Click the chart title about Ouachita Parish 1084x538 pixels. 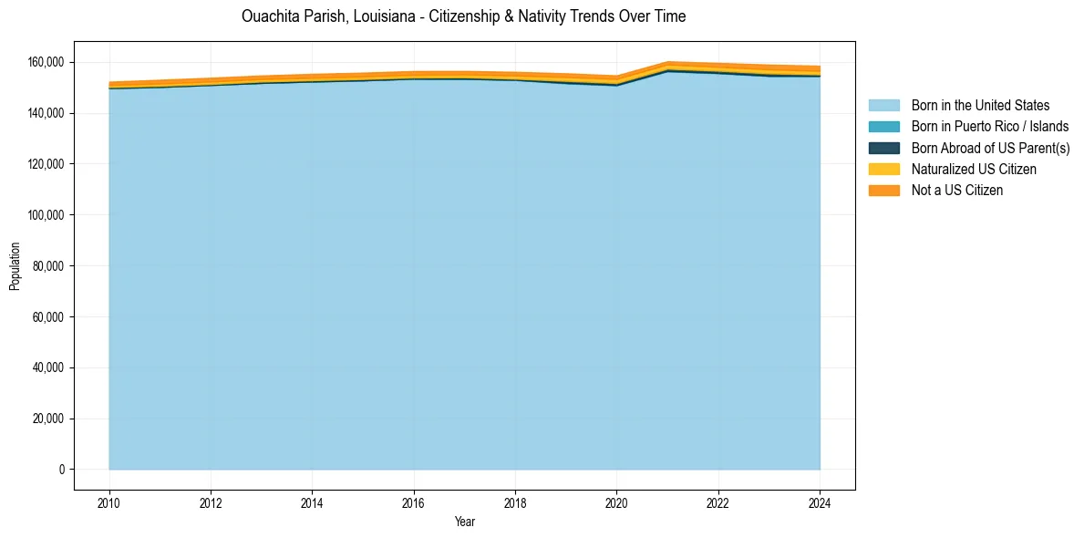(464, 16)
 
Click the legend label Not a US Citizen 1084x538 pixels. (956, 191)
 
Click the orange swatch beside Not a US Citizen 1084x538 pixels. (883, 191)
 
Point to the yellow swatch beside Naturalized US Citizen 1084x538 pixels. (883, 170)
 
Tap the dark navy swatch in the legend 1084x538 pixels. (883, 148)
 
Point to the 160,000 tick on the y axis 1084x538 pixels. (48, 62)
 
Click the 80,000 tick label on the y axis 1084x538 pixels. (51, 266)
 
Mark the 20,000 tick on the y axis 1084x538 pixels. (51, 419)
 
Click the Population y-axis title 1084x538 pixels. (15, 266)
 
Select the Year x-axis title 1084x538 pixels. (464, 522)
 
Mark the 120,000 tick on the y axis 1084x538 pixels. (48, 164)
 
